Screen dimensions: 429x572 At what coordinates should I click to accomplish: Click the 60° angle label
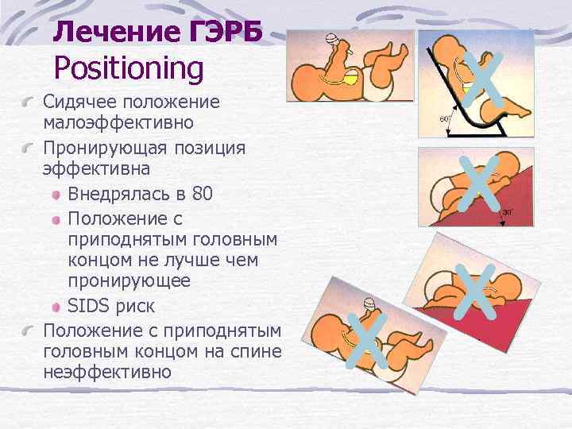pyautogui.click(x=446, y=119)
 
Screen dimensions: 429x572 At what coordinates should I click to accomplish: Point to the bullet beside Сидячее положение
pyautogui.click(x=29, y=104)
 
